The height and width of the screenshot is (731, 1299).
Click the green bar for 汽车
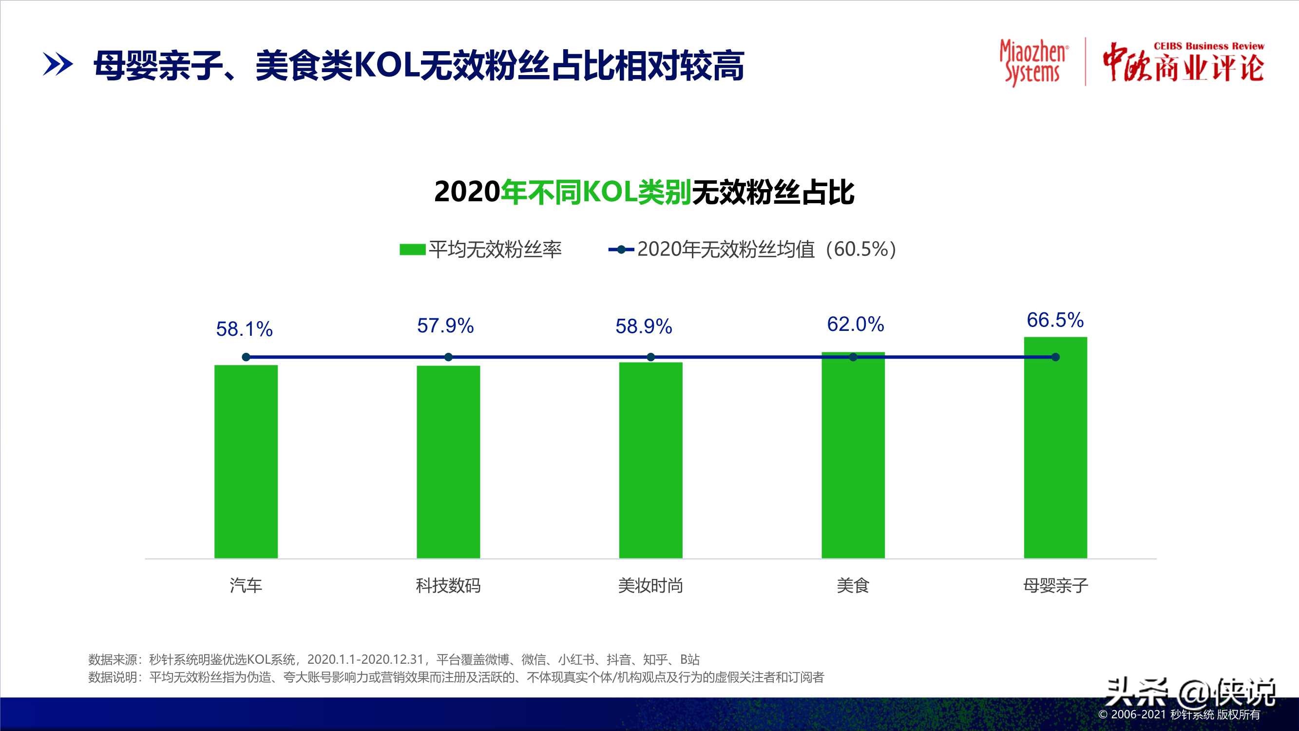point(246,461)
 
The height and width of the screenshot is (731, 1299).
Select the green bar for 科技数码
point(448,462)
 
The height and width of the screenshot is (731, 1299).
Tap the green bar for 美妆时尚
point(650,460)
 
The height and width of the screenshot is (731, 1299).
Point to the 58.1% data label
point(244,329)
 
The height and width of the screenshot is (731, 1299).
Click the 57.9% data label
point(445,326)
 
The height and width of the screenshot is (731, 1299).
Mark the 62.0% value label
point(855,325)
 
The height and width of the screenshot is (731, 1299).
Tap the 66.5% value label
point(1055,320)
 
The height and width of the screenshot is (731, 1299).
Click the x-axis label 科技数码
point(448,586)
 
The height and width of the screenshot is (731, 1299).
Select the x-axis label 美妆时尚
point(650,586)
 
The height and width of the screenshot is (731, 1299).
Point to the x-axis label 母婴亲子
point(1055,586)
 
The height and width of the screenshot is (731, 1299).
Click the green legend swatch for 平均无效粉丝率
point(412,249)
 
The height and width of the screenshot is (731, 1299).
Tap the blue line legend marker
point(621,249)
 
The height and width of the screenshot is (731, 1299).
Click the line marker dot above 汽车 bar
point(246,357)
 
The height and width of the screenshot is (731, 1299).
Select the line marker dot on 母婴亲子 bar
point(1055,357)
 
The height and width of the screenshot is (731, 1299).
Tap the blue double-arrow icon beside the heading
point(57,65)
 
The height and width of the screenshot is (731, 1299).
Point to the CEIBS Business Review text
point(1208,46)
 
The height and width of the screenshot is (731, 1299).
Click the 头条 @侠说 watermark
point(1190,693)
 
